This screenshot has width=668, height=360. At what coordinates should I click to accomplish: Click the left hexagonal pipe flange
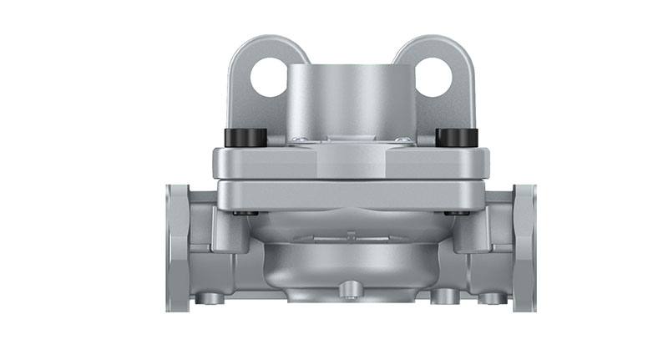click(177, 247)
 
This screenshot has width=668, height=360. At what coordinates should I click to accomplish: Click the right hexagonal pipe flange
click(524, 247)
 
